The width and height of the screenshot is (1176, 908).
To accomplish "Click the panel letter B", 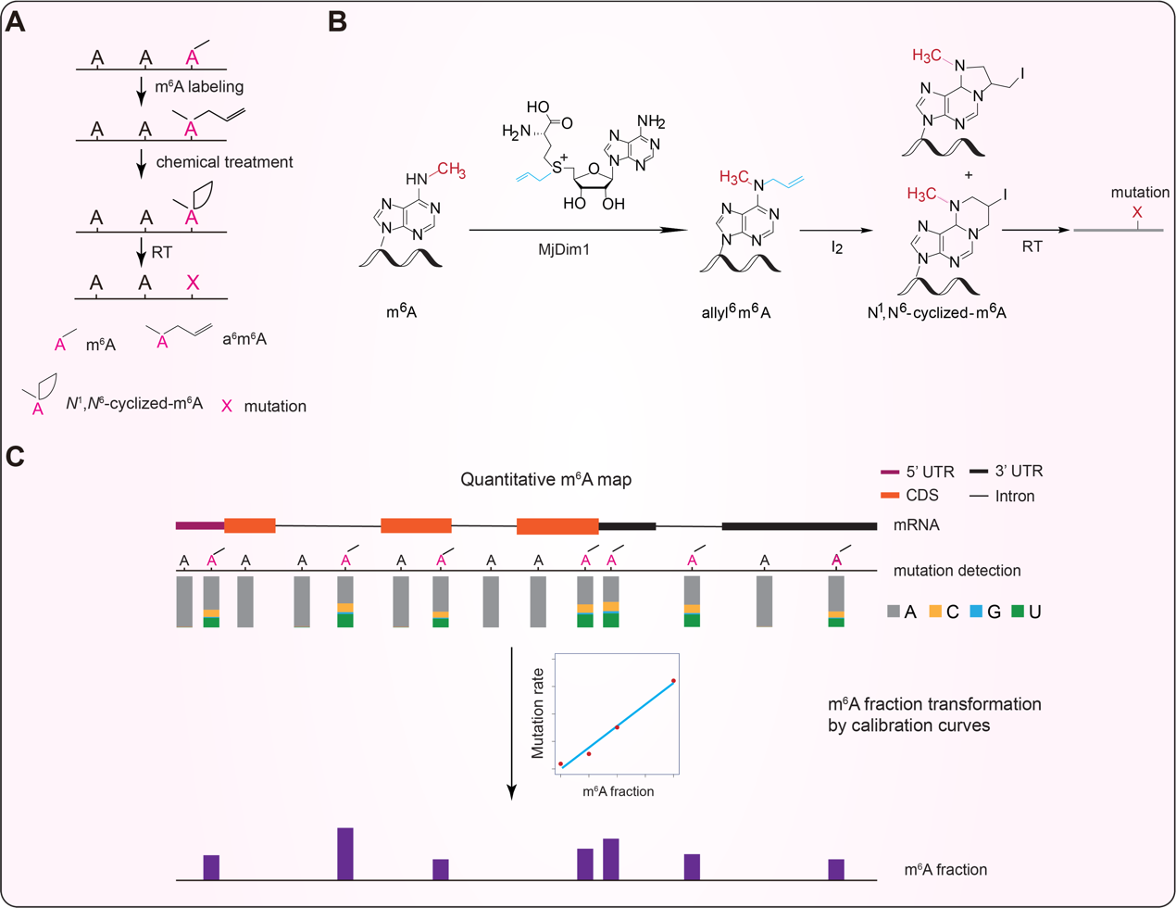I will point(338,22).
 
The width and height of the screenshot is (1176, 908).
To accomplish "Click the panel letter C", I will point(15,458).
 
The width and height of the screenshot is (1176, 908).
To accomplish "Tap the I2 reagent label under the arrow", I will point(837,248).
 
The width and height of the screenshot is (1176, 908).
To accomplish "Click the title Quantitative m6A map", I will point(546,479).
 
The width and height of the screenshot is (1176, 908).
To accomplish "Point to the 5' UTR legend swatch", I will point(889,473).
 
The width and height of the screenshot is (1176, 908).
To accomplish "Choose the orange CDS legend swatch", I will point(889,496).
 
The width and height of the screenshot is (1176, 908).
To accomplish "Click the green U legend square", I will point(1018,612).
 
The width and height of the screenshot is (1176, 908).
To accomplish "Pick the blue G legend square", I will point(976,612).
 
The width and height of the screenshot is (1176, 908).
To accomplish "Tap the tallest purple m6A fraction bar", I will point(345,853).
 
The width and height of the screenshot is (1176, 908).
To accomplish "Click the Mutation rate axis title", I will point(537,715).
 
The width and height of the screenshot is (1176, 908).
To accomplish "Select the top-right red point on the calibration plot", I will point(673,681).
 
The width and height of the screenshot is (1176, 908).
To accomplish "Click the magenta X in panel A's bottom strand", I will point(193,284).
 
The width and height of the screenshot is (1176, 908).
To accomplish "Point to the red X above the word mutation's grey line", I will point(1137,213).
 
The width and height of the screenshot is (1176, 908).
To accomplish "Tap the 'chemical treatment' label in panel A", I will point(224,162).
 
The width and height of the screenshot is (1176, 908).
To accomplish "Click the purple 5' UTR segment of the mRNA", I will point(199,526).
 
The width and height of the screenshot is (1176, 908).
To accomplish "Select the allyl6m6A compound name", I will point(736,312).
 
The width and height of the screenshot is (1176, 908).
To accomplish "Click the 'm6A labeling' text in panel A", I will point(199,87).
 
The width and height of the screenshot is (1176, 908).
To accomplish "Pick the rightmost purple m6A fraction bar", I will point(836,869).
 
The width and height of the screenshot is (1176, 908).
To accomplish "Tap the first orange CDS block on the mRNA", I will point(250,526).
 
